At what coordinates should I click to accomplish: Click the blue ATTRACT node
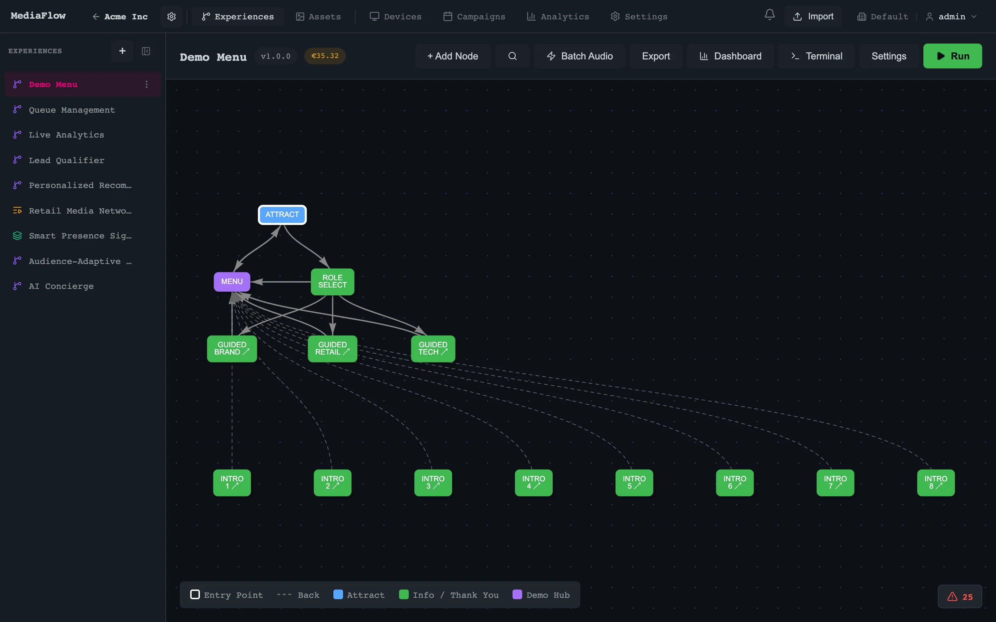(282, 215)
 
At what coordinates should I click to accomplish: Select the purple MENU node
(232, 282)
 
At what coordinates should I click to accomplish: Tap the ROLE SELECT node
(332, 282)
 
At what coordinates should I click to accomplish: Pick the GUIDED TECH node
(433, 348)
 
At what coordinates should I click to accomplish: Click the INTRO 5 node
(634, 482)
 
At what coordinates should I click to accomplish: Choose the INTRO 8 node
(935, 482)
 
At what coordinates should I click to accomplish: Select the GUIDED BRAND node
(232, 348)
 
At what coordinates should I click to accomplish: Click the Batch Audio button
(580, 56)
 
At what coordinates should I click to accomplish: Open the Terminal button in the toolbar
(817, 56)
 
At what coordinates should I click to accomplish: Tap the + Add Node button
(453, 56)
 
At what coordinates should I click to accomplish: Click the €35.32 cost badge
(325, 56)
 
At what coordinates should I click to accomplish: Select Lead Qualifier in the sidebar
(66, 160)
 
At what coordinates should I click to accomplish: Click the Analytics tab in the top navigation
(558, 17)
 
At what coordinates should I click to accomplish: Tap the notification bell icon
(769, 15)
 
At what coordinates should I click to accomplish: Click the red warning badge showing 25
(960, 596)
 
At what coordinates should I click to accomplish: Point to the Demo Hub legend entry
(541, 595)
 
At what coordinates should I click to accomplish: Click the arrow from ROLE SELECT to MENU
(284, 282)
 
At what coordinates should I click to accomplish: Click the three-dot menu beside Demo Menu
(147, 84)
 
